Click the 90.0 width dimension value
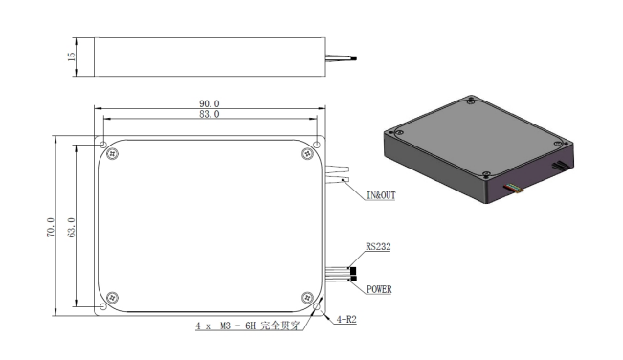(x=209, y=103)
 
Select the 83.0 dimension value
(x=209, y=114)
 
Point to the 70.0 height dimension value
(x=51, y=227)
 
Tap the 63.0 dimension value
(x=71, y=227)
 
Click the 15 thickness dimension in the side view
(x=71, y=56)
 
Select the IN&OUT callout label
(x=381, y=195)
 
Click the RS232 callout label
(x=378, y=246)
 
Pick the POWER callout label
(x=379, y=289)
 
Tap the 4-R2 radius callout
(x=346, y=319)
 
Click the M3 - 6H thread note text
(x=237, y=326)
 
